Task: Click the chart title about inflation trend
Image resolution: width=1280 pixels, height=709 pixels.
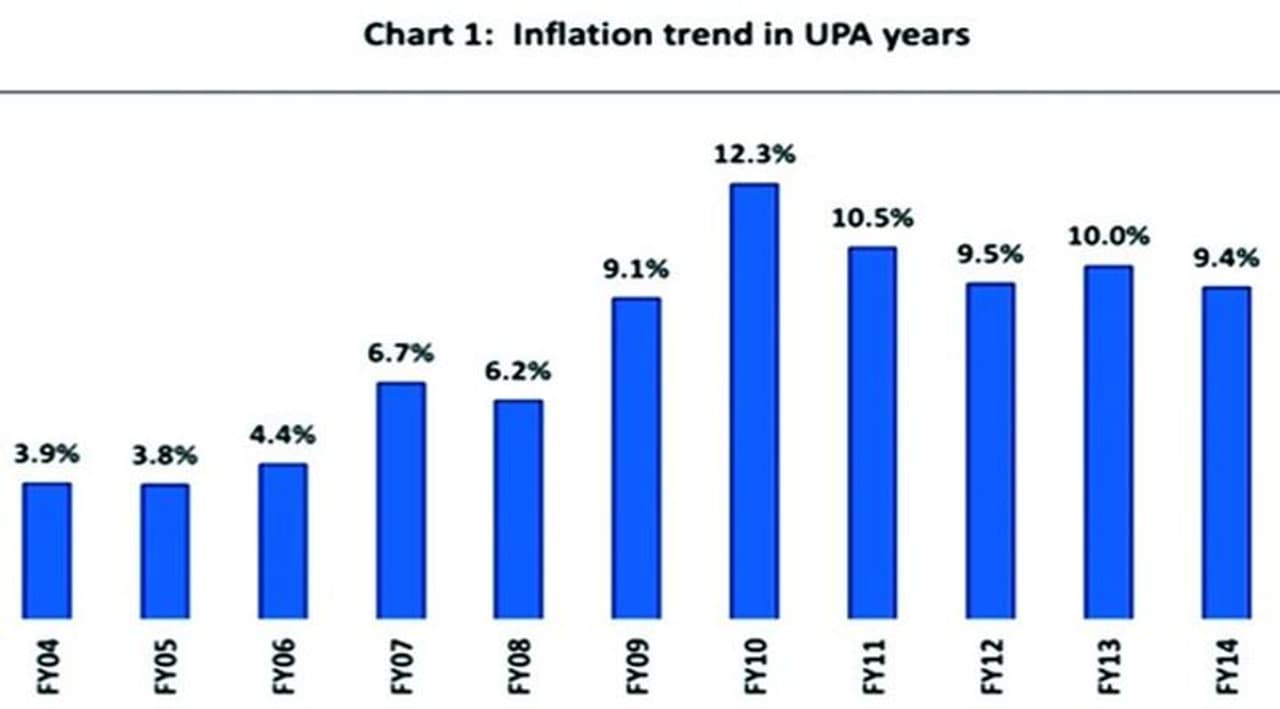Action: coord(666,35)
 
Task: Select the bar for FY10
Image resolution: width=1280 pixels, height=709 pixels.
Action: coord(754,400)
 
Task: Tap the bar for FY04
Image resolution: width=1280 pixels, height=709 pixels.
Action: coord(47,550)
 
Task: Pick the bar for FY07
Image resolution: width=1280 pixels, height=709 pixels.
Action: coord(401,500)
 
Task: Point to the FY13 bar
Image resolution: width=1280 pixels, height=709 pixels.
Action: coord(1108,441)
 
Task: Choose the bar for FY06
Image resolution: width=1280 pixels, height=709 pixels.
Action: coord(283,540)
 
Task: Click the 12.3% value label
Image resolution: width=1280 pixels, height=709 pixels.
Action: coord(753,156)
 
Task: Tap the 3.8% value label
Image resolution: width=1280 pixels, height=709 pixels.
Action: coord(165,457)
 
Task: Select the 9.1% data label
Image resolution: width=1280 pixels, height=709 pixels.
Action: coord(636,270)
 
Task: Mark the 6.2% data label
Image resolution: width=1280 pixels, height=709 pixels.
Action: coord(518,372)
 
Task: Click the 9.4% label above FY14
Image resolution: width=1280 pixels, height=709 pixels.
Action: coord(1226,259)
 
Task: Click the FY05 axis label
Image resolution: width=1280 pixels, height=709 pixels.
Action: coord(166,666)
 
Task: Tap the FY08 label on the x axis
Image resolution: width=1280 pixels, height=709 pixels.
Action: coord(519,666)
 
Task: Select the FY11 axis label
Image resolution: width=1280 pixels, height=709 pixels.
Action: coord(873,666)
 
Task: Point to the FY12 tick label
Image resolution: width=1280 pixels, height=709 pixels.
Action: coord(990,666)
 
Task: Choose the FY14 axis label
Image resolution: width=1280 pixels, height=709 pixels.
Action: coord(1227,666)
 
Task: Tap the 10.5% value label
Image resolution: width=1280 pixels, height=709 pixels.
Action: coord(872,219)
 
